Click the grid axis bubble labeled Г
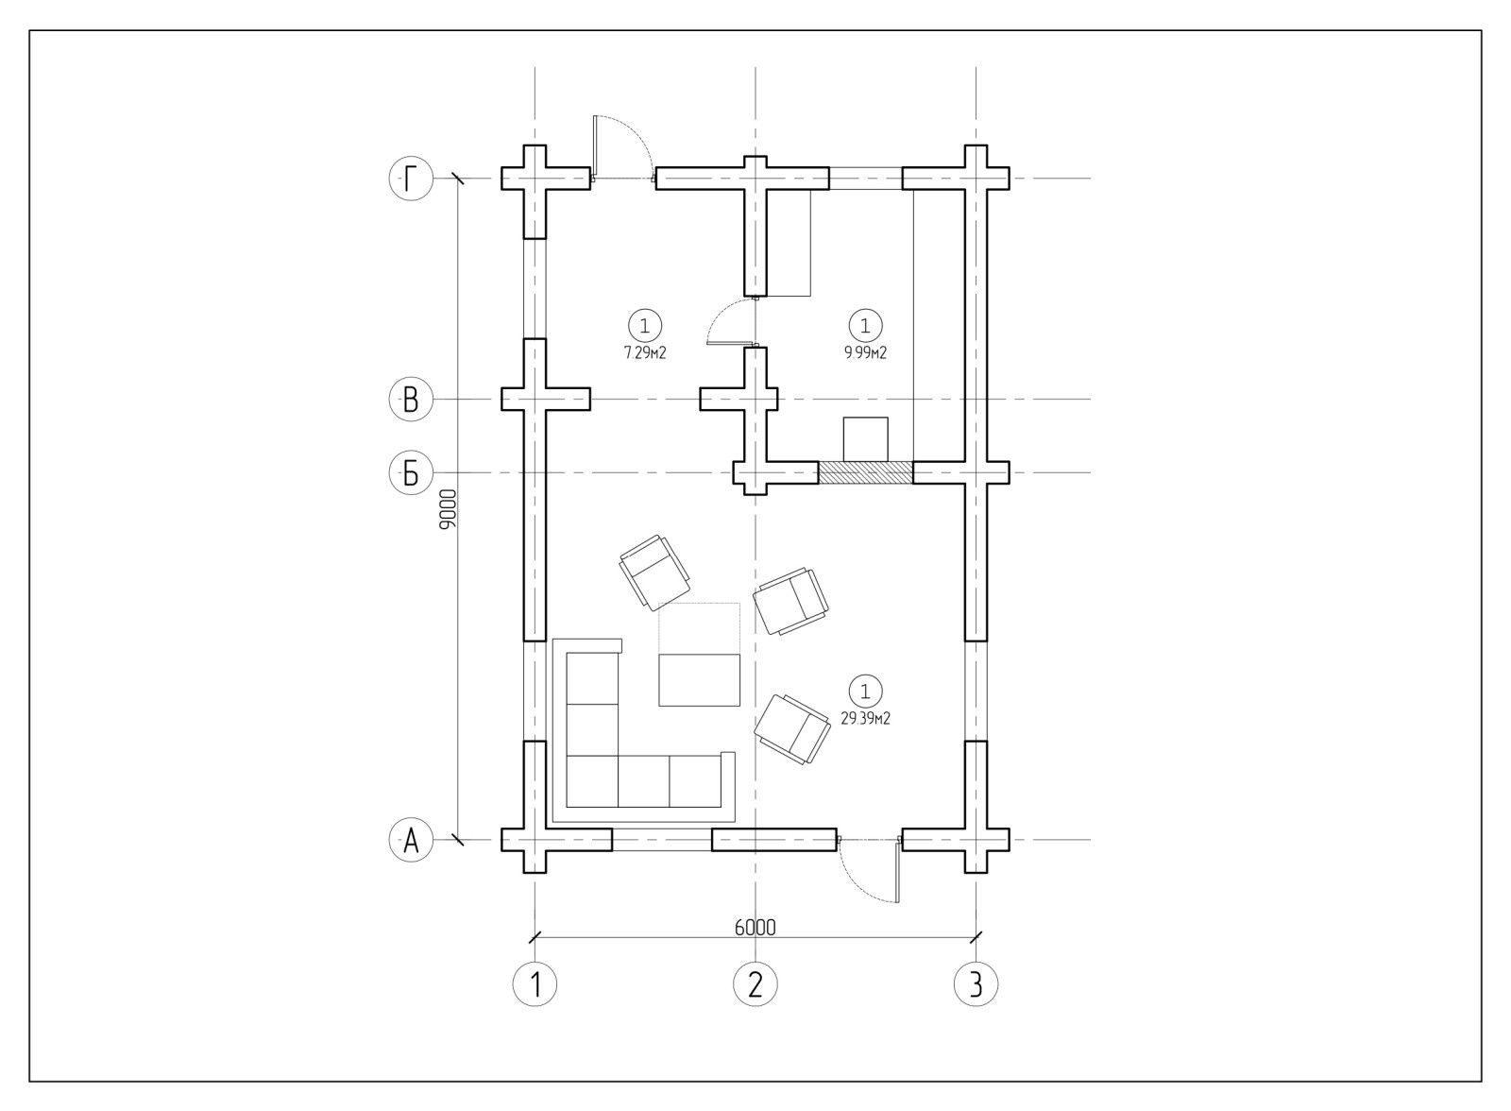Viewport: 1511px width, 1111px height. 411,179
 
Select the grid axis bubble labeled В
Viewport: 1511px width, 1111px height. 411,400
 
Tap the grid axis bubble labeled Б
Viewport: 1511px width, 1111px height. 411,473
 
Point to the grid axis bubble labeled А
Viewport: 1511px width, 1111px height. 411,841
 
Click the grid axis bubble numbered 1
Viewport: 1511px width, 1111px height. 535,984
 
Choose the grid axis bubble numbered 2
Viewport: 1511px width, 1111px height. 755,984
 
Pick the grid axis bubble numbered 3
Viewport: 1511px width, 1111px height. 976,984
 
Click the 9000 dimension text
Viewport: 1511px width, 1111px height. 448,509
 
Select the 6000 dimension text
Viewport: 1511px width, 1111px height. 755,928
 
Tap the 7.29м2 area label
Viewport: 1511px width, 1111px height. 645,353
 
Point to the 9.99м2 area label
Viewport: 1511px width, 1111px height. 865,353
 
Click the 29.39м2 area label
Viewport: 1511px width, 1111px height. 865,719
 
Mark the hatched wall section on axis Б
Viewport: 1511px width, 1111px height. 866,473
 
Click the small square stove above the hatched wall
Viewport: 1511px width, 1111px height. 865,439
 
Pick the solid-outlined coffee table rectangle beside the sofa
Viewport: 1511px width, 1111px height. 700,679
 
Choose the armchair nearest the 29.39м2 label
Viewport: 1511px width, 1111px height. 792,729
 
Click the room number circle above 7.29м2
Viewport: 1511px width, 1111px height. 645,326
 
